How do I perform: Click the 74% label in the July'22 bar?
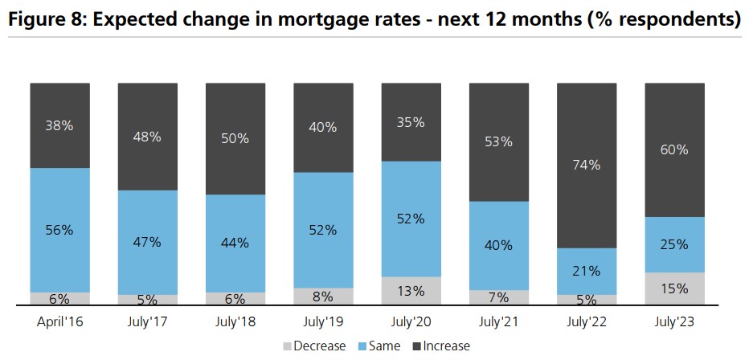(x=587, y=165)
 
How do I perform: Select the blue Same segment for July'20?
(x=411, y=219)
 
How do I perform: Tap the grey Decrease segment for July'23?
(x=675, y=288)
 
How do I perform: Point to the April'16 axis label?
(x=60, y=321)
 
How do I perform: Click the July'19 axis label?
(x=323, y=321)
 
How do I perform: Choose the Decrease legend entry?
(x=314, y=346)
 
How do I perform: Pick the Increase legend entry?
(x=442, y=346)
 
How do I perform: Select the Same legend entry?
(x=379, y=346)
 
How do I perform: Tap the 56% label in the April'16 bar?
(x=60, y=230)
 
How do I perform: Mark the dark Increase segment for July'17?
(x=148, y=137)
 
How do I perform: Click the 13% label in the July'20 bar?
(x=411, y=291)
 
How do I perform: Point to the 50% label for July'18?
(x=235, y=139)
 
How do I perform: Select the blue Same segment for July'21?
(x=499, y=246)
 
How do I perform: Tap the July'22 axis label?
(x=587, y=321)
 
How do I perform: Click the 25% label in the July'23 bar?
(x=675, y=245)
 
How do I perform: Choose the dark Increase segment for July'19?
(x=323, y=128)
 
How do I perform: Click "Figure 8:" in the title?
(x=47, y=20)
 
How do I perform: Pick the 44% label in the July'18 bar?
(x=235, y=243)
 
